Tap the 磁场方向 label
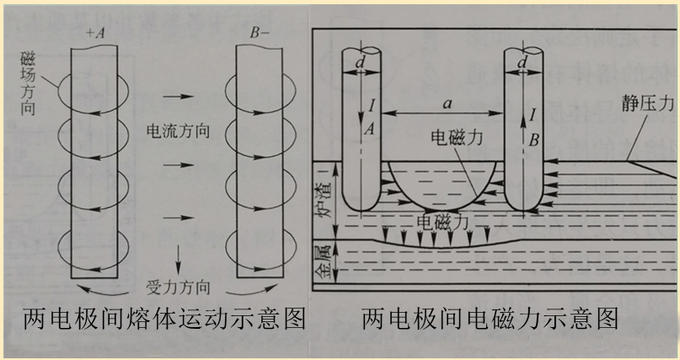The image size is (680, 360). click(29, 83)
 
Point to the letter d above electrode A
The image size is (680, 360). click(360, 62)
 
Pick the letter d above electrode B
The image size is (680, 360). click(522, 62)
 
